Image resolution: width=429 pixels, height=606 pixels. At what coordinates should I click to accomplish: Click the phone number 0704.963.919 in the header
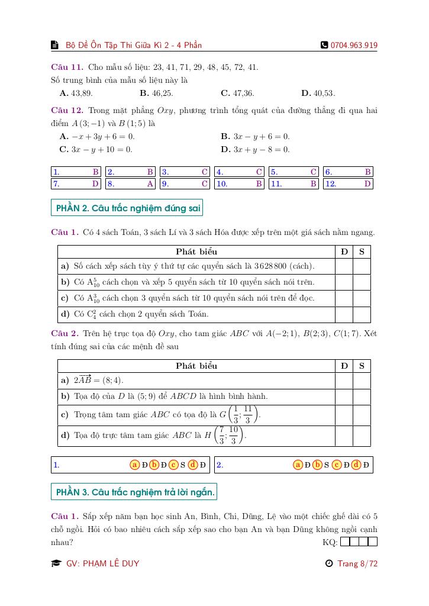[354, 45]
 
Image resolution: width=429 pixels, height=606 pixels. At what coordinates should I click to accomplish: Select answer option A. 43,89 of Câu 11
[76, 93]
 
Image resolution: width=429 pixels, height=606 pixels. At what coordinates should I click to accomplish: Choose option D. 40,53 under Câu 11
[318, 93]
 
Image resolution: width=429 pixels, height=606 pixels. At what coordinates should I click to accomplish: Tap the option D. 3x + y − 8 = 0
[255, 149]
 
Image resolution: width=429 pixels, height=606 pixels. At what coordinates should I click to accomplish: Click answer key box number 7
[76, 183]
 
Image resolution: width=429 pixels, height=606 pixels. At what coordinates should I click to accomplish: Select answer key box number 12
[348, 183]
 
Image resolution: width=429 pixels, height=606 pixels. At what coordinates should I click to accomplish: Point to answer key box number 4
[239, 172]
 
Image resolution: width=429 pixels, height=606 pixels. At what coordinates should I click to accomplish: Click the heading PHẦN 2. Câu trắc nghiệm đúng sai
[128, 208]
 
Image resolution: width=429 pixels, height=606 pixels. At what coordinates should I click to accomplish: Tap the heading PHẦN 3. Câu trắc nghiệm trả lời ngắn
[135, 492]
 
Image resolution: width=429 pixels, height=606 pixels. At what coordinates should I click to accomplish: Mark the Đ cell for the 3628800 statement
[344, 266]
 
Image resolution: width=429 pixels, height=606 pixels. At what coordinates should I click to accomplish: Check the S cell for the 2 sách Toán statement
[362, 314]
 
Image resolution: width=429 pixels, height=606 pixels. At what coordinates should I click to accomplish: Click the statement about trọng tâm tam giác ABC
[160, 415]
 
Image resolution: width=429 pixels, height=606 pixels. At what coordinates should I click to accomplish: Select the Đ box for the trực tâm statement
[344, 436]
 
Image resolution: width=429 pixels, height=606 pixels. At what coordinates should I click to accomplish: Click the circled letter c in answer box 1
[173, 465]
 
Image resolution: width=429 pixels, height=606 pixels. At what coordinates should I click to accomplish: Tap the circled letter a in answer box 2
[298, 465]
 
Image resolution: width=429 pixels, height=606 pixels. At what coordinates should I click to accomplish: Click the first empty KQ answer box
[346, 541]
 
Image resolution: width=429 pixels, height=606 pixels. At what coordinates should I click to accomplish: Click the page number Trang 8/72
[357, 563]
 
